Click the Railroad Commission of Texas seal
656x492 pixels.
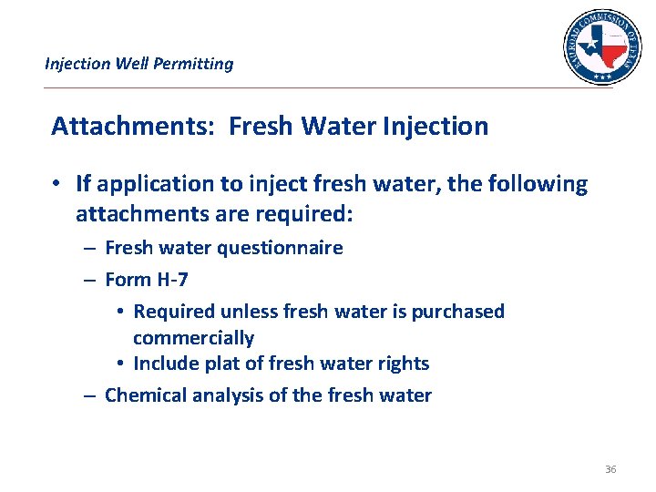pos(601,46)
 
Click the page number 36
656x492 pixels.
pos(610,469)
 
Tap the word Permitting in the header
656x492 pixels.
pos(193,64)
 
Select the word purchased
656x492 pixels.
pos(457,312)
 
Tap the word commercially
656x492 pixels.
pos(193,338)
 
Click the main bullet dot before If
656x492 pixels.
pos(56,184)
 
